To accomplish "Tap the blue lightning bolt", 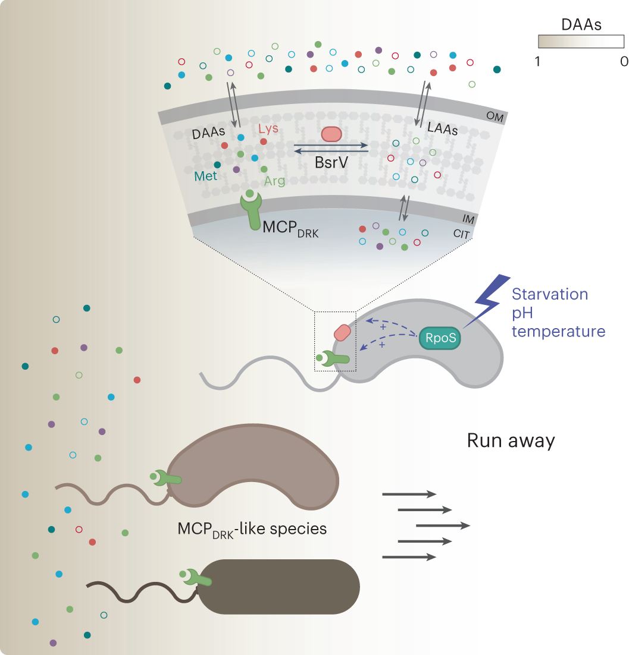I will click(488, 301).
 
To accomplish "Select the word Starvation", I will click(550, 294).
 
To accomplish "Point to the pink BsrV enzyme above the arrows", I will click(331, 134).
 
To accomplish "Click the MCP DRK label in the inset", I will click(291, 230).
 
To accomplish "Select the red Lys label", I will click(268, 128).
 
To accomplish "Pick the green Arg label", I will click(275, 181).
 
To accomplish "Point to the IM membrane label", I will click(468, 220).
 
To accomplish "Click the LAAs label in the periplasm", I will click(442, 128).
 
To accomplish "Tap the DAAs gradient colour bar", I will click(581, 41).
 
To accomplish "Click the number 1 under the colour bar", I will click(538, 61).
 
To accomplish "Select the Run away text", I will click(511, 440).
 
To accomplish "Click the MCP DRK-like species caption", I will click(252, 528).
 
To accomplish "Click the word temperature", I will click(558, 331).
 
